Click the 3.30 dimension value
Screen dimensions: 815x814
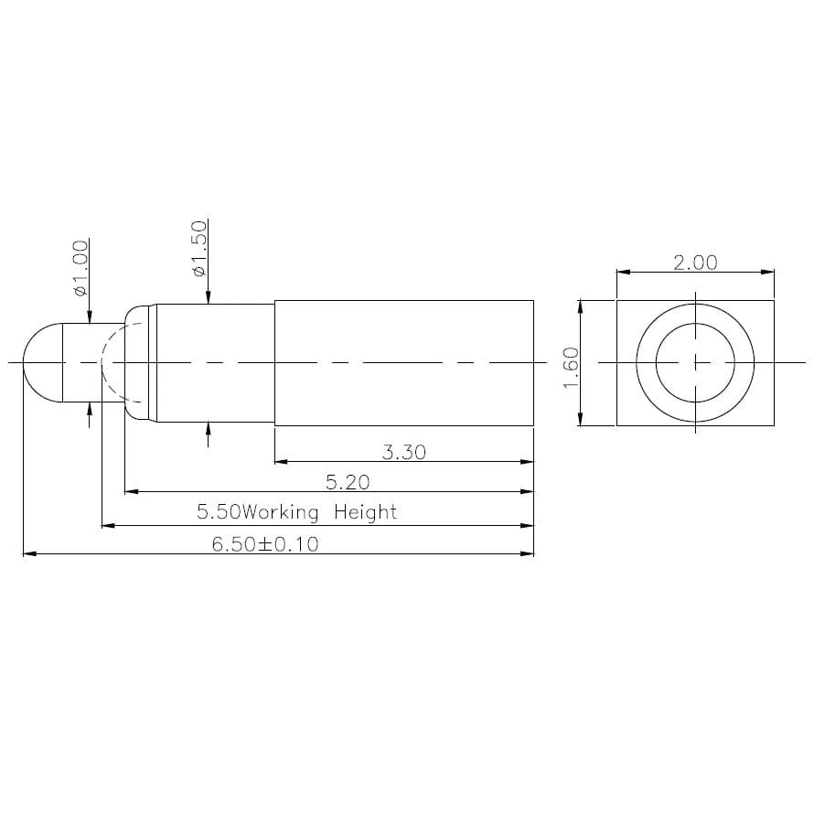[402, 451]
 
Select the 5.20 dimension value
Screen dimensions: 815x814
[348, 481]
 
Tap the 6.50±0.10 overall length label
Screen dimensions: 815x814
[264, 544]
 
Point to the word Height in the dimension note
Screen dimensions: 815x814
[365, 512]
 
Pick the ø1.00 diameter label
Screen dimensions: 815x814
[80, 268]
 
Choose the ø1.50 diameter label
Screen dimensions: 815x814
[199, 249]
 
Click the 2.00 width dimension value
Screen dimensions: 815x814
[695, 263]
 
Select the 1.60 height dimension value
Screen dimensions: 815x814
[570, 366]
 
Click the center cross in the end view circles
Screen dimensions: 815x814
[695, 362]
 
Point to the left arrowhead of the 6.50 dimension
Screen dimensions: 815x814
[28, 554]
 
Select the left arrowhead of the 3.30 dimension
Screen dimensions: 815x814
[281, 462]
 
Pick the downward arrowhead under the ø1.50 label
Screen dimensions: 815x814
[209, 296]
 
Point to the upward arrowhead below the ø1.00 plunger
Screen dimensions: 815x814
[89, 408]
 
